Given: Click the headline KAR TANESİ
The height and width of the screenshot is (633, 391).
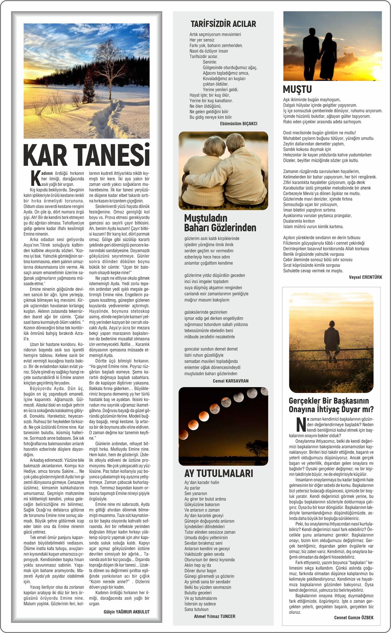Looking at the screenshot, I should [86, 155].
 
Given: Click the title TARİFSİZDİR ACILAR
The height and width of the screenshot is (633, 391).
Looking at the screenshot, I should [223, 24].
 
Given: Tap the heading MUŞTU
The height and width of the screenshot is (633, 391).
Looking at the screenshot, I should [297, 89].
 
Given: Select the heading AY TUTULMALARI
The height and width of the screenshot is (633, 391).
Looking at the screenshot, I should [219, 473].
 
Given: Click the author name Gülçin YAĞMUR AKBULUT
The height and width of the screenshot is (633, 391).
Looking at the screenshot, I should [126, 612].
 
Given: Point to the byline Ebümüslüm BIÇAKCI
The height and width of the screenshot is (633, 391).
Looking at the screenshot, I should [239, 124].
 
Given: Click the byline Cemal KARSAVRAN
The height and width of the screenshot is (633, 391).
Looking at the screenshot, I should [231, 381].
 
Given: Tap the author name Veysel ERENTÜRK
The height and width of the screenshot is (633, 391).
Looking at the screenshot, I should [365, 277].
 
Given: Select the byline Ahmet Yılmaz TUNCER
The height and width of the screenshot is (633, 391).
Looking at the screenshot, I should [214, 616].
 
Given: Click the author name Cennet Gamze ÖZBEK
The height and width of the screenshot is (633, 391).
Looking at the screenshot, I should [354, 617].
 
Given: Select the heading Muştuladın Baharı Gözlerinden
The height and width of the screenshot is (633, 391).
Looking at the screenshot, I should [220, 223].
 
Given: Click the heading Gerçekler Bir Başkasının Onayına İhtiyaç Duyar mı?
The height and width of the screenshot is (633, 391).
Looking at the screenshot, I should [331, 405].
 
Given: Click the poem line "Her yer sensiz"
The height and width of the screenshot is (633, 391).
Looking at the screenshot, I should [202, 40].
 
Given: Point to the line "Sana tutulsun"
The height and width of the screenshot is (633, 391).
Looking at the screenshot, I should [196, 609].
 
